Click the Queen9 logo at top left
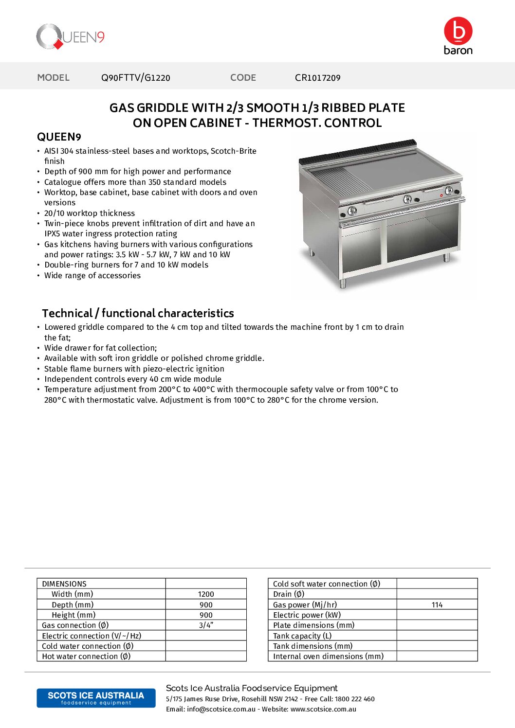click(x=70, y=37)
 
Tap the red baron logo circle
click(x=458, y=31)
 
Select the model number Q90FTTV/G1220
click(x=135, y=78)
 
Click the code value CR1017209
click(x=317, y=78)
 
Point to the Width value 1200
click(x=206, y=594)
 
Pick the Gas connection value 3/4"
click(x=206, y=625)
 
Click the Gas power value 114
click(x=437, y=605)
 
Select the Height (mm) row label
click(x=74, y=615)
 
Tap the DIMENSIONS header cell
click(x=64, y=584)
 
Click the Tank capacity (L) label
click(x=302, y=636)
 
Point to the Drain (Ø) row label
click(x=289, y=594)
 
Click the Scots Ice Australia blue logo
click(x=96, y=698)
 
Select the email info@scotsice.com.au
click(x=221, y=710)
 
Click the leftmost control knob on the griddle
click(x=352, y=211)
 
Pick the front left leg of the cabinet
click(x=343, y=283)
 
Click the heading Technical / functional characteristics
click(x=138, y=313)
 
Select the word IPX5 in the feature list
click(x=52, y=234)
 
